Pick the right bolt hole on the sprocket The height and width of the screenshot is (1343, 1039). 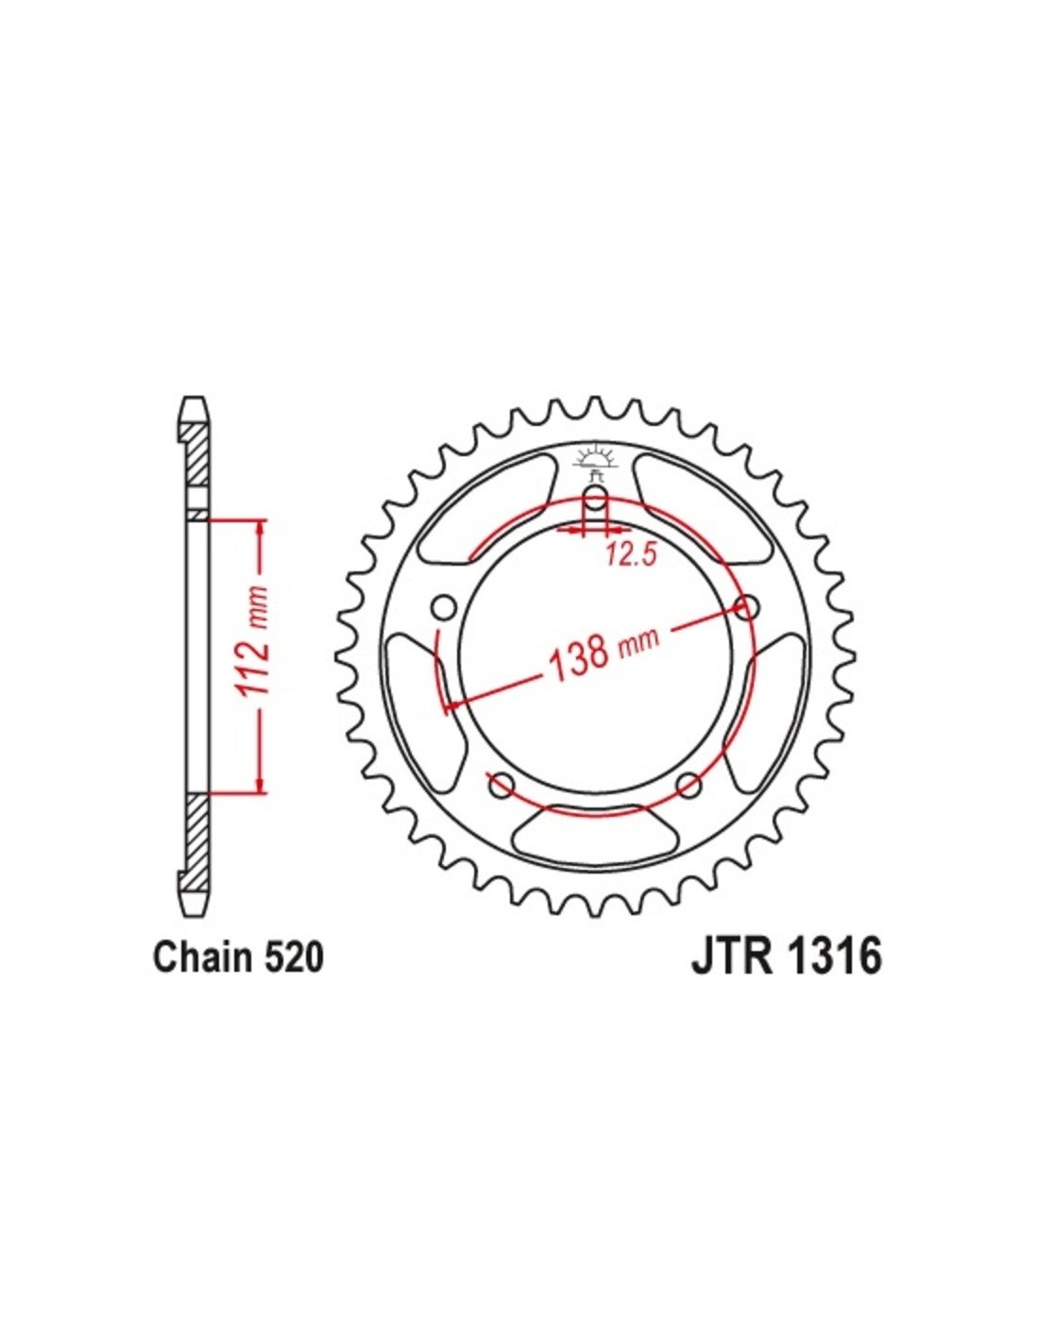pyautogui.click(x=747, y=608)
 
